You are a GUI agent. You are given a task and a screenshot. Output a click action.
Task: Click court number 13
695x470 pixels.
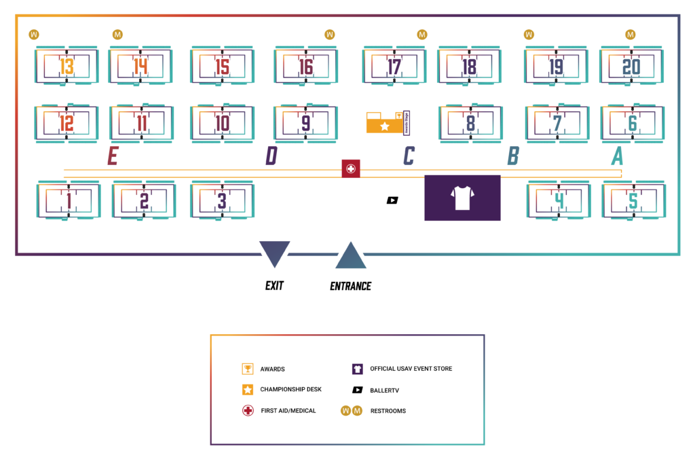[67, 67]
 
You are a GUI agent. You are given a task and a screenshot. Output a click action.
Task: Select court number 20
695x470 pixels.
[631, 67]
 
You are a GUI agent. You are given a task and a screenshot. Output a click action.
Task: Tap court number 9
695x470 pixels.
[305, 123]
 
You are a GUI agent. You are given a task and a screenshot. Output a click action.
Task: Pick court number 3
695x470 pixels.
[222, 201]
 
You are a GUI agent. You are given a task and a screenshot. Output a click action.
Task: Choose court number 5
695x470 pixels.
[633, 201]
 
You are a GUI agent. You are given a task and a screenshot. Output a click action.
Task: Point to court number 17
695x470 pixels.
[394, 67]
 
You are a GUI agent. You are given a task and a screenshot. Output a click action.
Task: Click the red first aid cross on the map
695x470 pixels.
[351, 169]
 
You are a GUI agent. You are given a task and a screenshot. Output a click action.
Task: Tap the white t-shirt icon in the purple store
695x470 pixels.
[462, 197]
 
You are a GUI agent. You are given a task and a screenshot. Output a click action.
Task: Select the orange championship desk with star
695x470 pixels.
[384, 125]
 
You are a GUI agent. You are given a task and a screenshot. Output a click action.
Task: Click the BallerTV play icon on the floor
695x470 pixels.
[392, 200]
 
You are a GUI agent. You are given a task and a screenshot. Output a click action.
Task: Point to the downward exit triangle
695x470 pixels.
[275, 253]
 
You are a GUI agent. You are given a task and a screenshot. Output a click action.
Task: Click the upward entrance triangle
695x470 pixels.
[351, 257]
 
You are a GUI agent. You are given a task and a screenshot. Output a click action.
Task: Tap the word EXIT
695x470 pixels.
[274, 286]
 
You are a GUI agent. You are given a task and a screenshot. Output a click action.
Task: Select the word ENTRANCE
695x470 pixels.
[351, 286]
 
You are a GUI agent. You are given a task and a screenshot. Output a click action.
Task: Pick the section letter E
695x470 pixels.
[113, 156]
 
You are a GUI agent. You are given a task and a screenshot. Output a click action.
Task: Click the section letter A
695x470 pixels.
[617, 156]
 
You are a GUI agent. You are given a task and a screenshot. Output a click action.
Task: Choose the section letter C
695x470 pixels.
[409, 156]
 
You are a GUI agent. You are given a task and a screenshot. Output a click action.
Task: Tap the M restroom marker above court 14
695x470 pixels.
[117, 34]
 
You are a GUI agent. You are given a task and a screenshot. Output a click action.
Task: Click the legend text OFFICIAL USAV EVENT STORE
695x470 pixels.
[411, 369]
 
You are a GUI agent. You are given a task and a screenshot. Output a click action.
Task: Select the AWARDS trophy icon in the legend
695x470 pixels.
[248, 369]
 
